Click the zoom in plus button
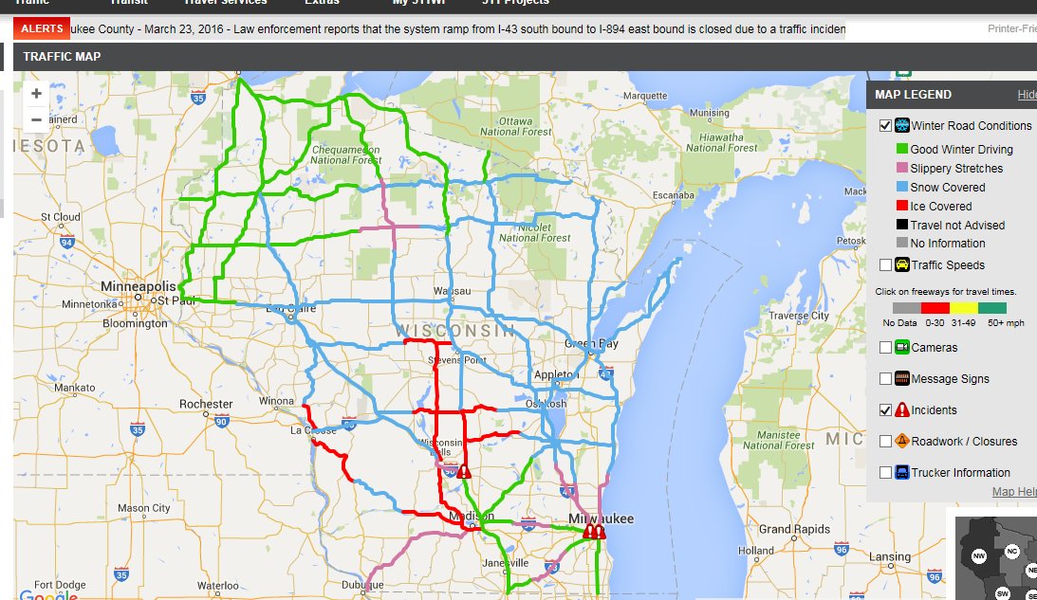(x=36, y=94)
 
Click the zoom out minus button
(x=36, y=120)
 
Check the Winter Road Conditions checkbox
(x=885, y=126)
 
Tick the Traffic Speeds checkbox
(x=885, y=265)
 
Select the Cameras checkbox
(x=885, y=348)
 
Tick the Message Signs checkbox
(x=885, y=379)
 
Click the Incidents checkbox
(x=885, y=410)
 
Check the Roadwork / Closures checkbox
(x=885, y=442)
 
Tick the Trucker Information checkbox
(x=885, y=473)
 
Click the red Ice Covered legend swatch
(x=902, y=206)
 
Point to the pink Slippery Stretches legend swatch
(x=902, y=168)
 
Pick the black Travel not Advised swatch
(x=902, y=225)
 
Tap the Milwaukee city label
(x=601, y=518)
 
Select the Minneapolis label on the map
(x=139, y=286)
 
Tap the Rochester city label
(x=206, y=404)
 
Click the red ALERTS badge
(x=42, y=29)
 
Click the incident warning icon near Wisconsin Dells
(x=464, y=471)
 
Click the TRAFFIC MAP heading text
(x=62, y=57)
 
